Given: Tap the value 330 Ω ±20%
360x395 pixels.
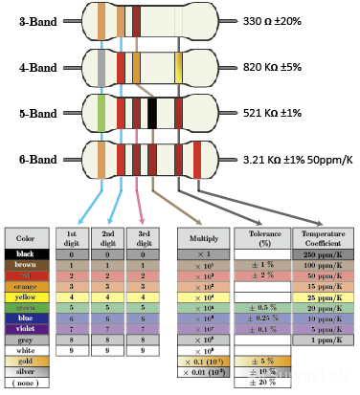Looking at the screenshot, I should (272, 20).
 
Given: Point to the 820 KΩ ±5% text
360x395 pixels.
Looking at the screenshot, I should (271, 67).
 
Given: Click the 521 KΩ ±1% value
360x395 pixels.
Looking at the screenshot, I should (271, 113).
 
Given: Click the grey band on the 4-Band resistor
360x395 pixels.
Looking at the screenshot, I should (101, 67).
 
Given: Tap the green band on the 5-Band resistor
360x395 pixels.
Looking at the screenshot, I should (101, 113).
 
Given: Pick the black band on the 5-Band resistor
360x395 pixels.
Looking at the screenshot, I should (151, 113).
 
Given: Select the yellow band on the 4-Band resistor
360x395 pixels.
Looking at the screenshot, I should (179, 67).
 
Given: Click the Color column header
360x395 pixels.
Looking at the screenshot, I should (25, 238).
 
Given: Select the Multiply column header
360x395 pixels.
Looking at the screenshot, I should (202, 238).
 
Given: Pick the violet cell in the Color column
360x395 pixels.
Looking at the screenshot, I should (25, 329).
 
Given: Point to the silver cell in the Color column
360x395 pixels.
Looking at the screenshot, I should (25, 371).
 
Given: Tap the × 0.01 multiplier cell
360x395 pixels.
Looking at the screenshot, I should (202, 371).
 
